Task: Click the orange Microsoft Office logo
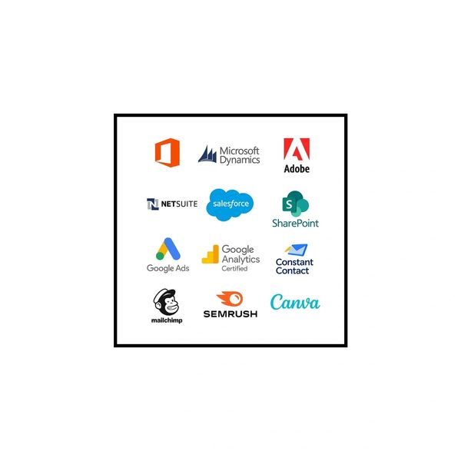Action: point(167,153)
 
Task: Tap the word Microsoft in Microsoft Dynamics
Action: point(239,151)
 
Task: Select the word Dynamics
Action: point(240,160)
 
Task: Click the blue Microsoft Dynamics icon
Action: point(207,154)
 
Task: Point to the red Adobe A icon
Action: point(297,149)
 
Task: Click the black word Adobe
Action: point(297,169)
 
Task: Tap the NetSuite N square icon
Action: point(153,204)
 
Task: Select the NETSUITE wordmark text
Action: point(179,204)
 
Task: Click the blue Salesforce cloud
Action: point(230,204)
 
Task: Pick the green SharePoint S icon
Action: point(295,204)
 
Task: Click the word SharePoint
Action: point(295,223)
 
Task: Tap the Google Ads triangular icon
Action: point(167,249)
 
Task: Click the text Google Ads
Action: point(167,268)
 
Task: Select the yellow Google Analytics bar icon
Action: point(211,254)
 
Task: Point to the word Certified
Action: point(234,268)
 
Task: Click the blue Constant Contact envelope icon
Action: point(297,250)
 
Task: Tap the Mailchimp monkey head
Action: point(166,302)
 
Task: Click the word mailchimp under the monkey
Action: point(167,320)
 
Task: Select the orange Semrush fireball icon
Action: point(230,299)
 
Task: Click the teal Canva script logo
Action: point(295,302)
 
